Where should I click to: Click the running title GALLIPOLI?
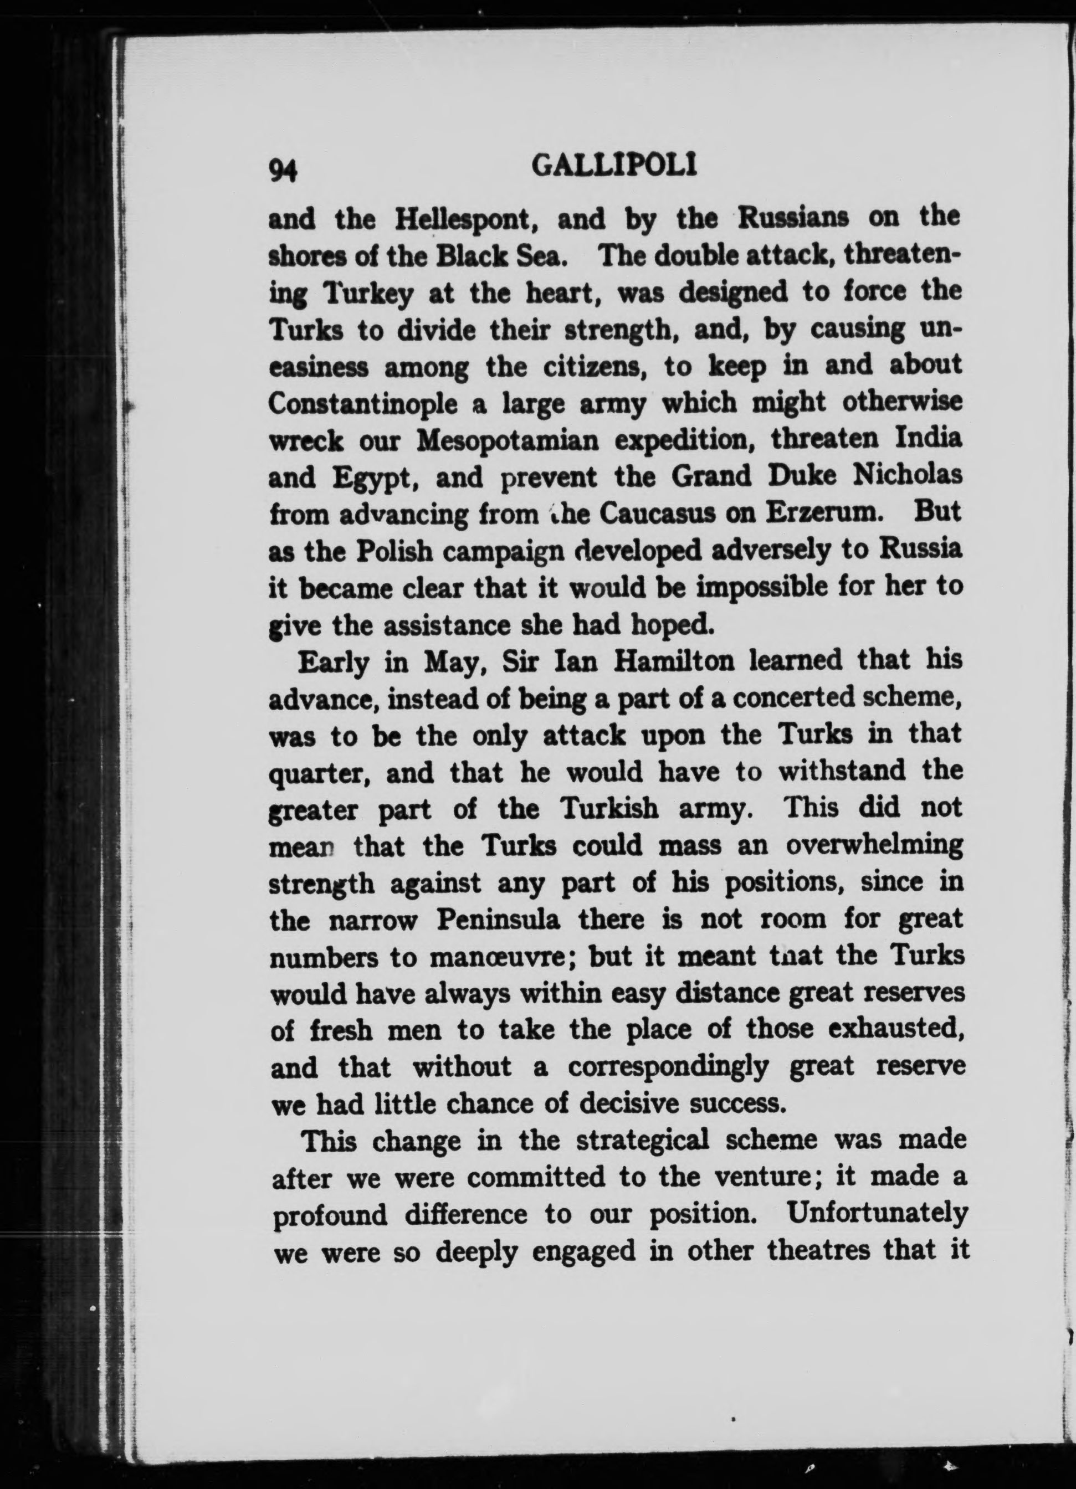click(x=614, y=168)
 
